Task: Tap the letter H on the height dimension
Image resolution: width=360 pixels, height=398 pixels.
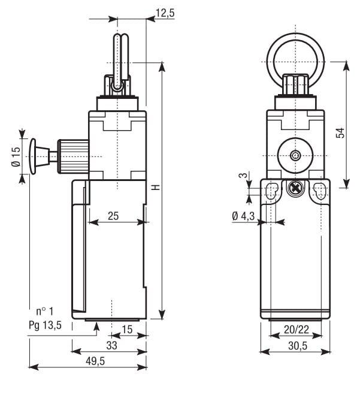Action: tap(156, 187)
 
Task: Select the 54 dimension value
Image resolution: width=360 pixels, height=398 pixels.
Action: tap(340, 133)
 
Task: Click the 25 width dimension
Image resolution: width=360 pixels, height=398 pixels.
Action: tap(113, 216)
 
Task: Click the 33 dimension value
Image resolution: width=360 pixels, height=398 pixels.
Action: tap(111, 346)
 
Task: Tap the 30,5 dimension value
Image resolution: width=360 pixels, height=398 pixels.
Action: tap(298, 346)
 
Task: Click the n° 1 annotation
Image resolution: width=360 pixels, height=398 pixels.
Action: tap(44, 311)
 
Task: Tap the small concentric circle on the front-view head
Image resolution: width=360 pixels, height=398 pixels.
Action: tap(295, 156)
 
